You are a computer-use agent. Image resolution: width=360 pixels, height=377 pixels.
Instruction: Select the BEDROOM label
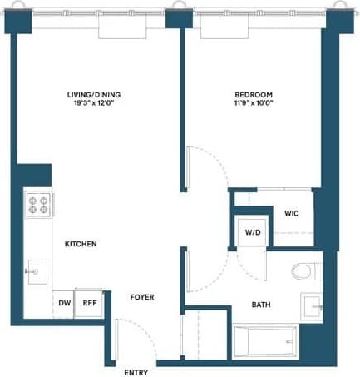tap(252, 95)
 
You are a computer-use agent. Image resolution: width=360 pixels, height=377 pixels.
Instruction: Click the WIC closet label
tap(291, 213)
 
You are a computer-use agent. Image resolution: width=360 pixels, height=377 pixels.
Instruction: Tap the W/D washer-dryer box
tap(252, 232)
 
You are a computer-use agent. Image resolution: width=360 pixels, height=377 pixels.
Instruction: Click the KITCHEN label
tap(81, 244)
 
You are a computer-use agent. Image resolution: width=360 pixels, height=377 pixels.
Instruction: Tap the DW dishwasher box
tap(64, 303)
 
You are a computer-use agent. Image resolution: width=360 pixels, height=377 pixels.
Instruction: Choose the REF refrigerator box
tap(88, 303)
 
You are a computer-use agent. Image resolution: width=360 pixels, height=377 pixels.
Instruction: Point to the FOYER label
tap(141, 297)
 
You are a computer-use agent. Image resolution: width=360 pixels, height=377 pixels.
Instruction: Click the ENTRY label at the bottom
tap(136, 372)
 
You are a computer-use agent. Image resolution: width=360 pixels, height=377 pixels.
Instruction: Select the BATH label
tap(261, 305)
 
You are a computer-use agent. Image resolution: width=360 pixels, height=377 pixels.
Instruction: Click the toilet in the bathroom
tap(304, 271)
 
